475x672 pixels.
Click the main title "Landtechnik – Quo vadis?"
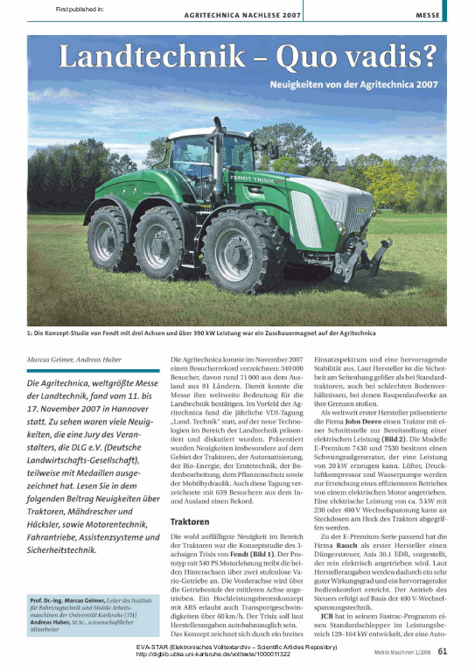(x=247, y=59)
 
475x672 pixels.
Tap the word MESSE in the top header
(x=428, y=16)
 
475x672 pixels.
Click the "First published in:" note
(x=80, y=9)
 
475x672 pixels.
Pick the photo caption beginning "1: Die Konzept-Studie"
(x=201, y=332)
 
